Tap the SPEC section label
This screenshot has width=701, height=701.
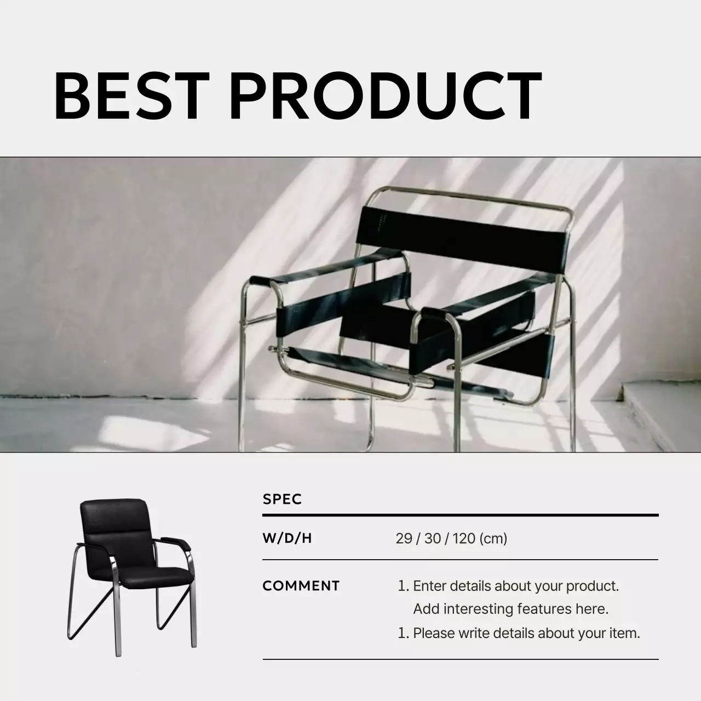pyautogui.click(x=282, y=499)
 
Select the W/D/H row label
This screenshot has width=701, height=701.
pyautogui.click(x=287, y=538)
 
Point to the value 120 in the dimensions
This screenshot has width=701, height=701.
pyautogui.click(x=464, y=538)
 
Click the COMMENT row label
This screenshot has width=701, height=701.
pyautogui.click(x=301, y=586)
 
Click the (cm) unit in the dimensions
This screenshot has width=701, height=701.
pyautogui.click(x=493, y=538)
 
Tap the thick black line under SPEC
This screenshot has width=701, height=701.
pyautogui.click(x=460, y=515)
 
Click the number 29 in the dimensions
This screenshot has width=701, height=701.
pyautogui.click(x=404, y=538)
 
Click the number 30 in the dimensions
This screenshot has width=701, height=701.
pyautogui.click(x=432, y=538)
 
